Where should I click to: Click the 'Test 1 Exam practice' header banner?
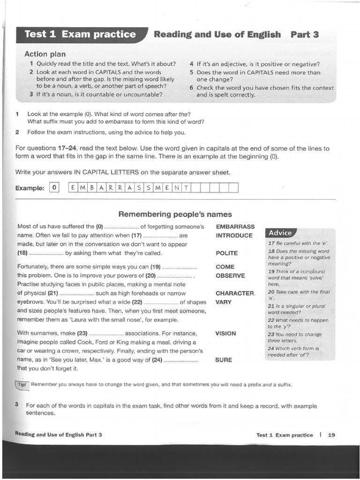point(80,34)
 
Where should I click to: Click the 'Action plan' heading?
point(45,54)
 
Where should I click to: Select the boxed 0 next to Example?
point(55,188)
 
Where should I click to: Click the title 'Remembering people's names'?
point(175,214)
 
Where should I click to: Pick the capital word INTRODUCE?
point(234,235)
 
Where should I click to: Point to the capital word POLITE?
point(226,253)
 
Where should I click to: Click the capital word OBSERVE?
point(230,276)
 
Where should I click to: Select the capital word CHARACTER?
point(234,293)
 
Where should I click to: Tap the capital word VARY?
point(224,302)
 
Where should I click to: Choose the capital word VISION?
point(225,333)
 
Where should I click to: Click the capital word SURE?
point(224,360)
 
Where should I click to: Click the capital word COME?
point(225,267)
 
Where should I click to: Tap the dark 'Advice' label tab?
point(280,233)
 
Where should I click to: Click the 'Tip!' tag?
point(22,384)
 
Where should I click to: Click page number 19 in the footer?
point(331,435)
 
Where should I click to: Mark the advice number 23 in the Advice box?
point(271,334)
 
